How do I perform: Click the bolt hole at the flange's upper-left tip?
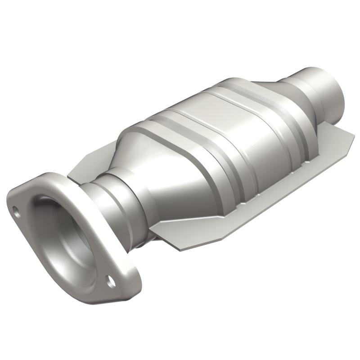pyautogui.click(x=16, y=210)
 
